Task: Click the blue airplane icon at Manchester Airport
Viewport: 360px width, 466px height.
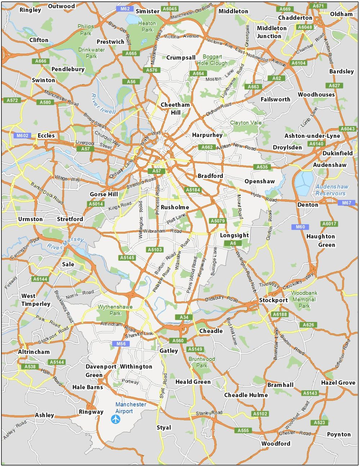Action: [116, 419]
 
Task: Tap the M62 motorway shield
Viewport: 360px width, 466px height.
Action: [125, 9]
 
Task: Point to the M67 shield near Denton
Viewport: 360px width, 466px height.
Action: [346, 203]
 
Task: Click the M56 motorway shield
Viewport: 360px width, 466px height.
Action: [121, 344]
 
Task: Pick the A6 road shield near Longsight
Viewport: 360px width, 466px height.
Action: [233, 243]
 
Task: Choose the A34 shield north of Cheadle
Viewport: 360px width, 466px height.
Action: [184, 317]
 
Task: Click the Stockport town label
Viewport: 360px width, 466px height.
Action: [274, 300]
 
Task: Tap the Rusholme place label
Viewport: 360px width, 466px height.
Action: [175, 207]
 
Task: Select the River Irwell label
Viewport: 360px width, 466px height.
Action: [103, 104]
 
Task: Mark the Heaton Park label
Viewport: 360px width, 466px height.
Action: [147, 27]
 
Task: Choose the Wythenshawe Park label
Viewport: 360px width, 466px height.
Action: [115, 310]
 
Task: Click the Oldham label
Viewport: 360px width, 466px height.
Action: [341, 14]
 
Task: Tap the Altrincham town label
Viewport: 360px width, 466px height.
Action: [34, 352]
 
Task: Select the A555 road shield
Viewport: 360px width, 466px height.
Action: [243, 430]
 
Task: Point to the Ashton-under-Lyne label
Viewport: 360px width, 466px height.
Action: [312, 136]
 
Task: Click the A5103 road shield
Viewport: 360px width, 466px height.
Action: [155, 250]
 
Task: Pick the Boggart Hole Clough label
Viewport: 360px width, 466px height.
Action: [212, 60]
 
